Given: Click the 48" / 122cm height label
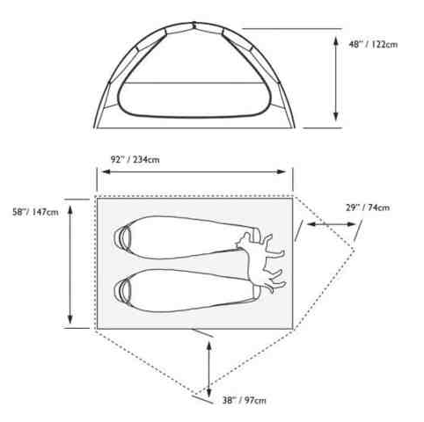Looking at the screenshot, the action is pyautogui.click(x=373, y=45).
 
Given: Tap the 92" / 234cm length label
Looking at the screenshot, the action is pyautogui.click(x=135, y=160).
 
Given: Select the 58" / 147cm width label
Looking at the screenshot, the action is pyautogui.click(x=35, y=212).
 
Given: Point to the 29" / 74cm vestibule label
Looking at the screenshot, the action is pyautogui.click(x=368, y=207).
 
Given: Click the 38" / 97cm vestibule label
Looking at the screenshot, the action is pyautogui.click(x=245, y=400).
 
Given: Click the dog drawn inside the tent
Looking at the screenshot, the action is pyautogui.click(x=261, y=262).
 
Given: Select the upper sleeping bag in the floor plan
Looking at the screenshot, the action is pyautogui.click(x=186, y=237).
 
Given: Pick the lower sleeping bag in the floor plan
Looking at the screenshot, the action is pyautogui.click(x=186, y=290).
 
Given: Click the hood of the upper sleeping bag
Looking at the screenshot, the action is pyautogui.click(x=122, y=237).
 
